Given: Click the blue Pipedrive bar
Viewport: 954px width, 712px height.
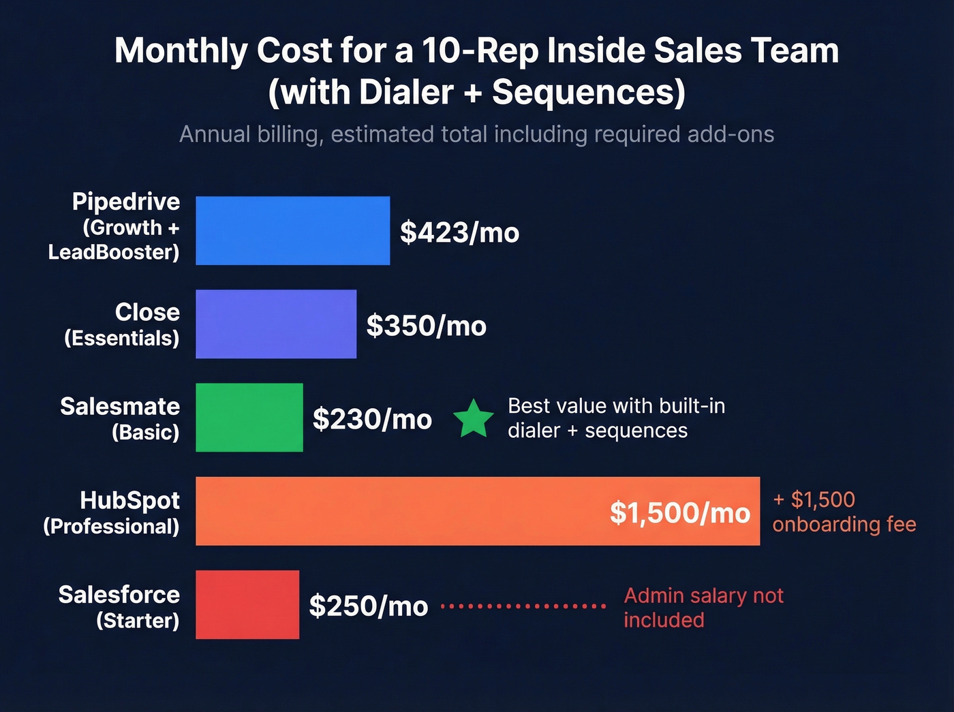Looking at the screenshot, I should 292,230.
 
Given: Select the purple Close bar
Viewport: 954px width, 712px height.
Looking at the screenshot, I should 275,324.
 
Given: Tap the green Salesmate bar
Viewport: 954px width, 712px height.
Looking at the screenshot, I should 249,417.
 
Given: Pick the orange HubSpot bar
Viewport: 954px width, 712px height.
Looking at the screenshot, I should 409,511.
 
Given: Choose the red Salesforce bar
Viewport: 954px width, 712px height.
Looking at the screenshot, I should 247,604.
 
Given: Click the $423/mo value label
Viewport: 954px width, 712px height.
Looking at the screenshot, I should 459,232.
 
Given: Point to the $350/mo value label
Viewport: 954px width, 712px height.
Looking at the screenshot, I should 426,326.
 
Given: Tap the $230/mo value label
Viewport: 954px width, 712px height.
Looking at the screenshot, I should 372,419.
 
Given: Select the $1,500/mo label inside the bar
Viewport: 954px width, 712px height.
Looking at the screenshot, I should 679,512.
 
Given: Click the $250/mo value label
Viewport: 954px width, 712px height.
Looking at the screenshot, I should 368,606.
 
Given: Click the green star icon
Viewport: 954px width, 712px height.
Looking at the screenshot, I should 474,419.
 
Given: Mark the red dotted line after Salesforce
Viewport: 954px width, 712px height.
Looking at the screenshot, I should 523,605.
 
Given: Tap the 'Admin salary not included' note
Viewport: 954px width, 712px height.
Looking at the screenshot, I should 703,608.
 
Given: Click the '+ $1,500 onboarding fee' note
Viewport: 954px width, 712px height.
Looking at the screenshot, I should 844,512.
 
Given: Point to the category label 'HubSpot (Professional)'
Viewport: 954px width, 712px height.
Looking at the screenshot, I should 112,512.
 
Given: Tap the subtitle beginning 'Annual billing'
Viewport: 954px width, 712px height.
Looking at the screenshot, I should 476,134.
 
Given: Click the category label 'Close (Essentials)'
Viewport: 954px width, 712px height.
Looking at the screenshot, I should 123,324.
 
